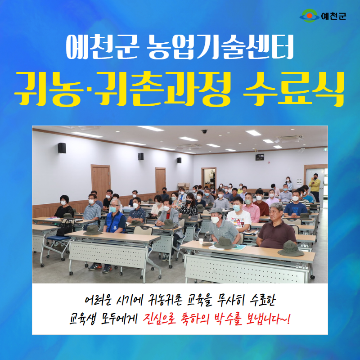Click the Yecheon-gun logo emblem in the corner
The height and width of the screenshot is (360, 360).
click(309, 16)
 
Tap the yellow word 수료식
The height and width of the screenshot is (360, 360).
click(294, 89)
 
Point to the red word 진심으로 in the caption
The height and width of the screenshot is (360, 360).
click(159, 319)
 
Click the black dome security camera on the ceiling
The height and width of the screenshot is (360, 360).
click(204, 131)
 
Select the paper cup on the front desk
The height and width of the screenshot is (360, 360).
click(201, 241)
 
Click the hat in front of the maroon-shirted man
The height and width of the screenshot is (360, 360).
click(291, 249)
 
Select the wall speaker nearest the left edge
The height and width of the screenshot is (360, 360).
click(62, 148)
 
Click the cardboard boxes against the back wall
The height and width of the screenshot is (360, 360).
click(184, 186)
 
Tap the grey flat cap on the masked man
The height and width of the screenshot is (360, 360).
click(216, 210)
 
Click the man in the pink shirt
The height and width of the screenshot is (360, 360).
click(252, 208)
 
